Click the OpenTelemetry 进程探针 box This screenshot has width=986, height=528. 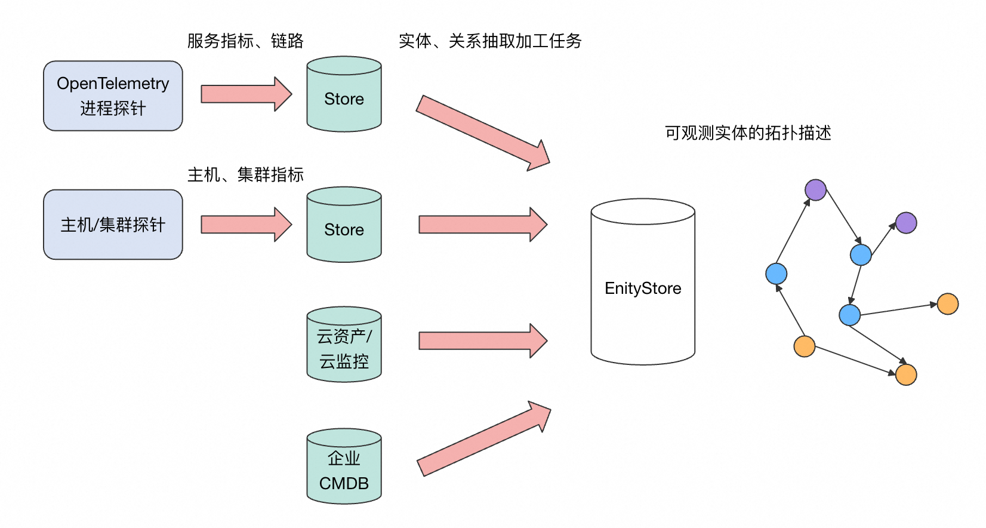[113, 96]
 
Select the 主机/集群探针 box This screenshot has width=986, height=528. [113, 225]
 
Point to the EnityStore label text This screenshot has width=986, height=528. [643, 288]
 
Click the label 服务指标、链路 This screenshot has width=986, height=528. [245, 41]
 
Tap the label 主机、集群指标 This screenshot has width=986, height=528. [245, 174]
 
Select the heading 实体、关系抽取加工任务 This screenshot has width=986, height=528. [490, 41]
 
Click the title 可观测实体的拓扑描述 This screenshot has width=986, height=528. [748, 133]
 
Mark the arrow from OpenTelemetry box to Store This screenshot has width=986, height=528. [245, 94]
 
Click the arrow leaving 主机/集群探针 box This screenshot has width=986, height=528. [245, 225]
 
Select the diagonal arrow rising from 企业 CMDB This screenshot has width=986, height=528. [483, 440]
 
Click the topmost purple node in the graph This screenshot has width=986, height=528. [815, 190]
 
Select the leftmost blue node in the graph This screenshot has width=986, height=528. [776, 274]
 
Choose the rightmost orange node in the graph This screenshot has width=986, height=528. [948, 304]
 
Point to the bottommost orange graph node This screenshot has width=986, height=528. [906, 375]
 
